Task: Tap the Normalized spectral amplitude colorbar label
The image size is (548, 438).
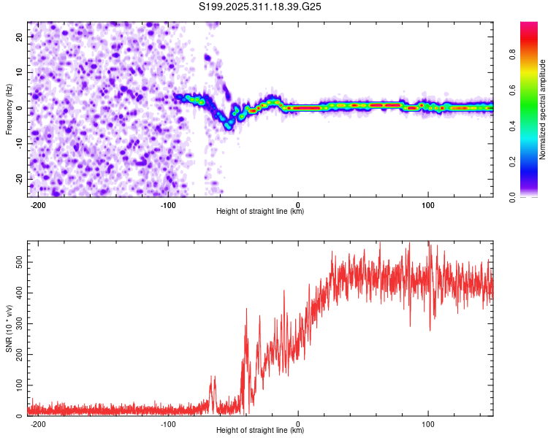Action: pyautogui.click(x=543, y=109)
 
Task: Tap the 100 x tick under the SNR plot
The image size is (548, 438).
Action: pyautogui.click(x=427, y=423)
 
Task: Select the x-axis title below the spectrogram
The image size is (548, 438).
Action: pyautogui.click(x=260, y=212)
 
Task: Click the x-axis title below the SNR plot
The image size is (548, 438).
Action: pyautogui.click(x=260, y=431)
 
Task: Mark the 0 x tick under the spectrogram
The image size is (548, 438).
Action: pyautogui.click(x=298, y=204)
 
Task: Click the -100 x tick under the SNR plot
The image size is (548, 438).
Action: pyautogui.click(x=167, y=423)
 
